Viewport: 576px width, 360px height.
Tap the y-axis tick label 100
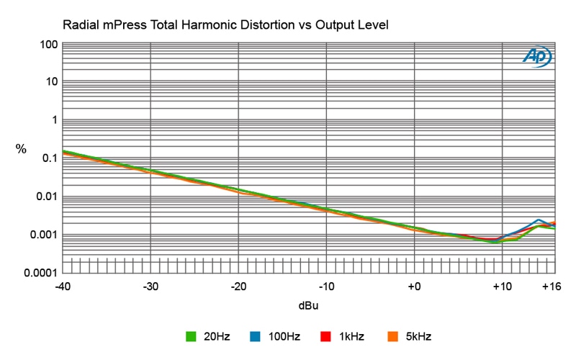49,45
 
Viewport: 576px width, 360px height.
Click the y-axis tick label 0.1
49,158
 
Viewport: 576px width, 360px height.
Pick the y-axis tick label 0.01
46,197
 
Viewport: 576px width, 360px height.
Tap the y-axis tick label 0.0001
40,273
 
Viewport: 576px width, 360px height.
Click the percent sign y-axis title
22,150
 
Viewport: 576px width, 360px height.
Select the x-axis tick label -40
63,287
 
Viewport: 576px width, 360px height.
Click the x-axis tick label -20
238,287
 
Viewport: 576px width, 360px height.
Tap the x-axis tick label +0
414,287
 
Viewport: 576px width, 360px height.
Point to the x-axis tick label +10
501,287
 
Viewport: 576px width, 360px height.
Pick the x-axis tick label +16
551,287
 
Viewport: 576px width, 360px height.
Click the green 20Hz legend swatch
192,336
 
